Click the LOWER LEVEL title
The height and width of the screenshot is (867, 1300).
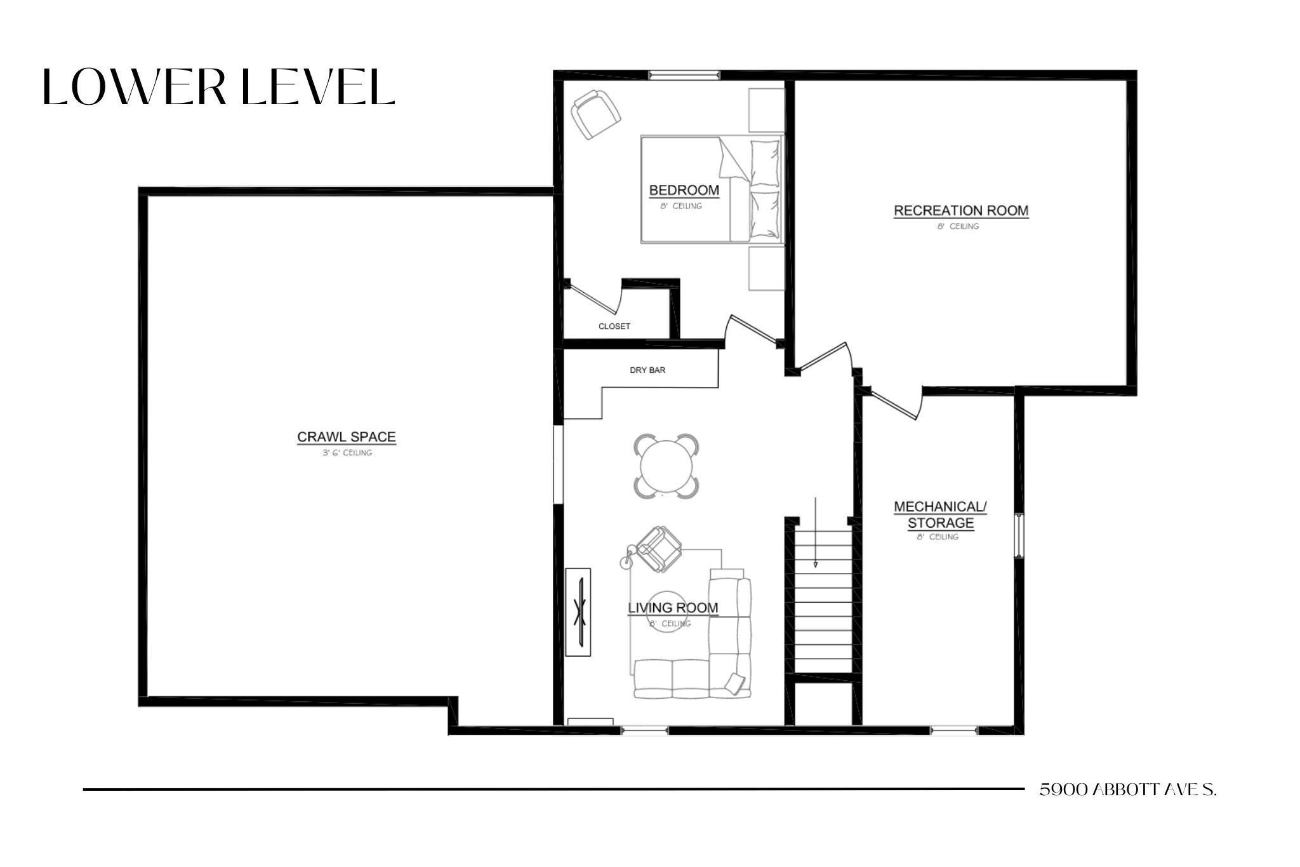(x=219, y=87)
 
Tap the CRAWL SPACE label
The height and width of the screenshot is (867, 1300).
(x=347, y=437)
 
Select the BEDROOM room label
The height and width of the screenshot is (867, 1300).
(x=684, y=190)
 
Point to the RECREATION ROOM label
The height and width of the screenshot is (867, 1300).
(x=960, y=210)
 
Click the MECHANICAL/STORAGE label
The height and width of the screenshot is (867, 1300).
(x=940, y=515)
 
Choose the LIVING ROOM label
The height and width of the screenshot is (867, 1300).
(x=673, y=608)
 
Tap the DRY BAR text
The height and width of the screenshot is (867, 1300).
(x=647, y=370)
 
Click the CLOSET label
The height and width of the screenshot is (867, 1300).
(x=614, y=326)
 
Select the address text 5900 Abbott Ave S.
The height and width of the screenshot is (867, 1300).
(x=1127, y=790)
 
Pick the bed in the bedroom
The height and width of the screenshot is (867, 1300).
(x=711, y=189)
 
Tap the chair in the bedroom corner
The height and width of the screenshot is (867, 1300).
(x=595, y=114)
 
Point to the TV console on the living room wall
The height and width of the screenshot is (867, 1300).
(x=578, y=612)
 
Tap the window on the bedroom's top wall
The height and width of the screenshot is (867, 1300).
(x=684, y=75)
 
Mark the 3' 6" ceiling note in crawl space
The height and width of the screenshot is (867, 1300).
(x=347, y=453)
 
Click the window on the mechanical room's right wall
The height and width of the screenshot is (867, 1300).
(x=1018, y=535)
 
